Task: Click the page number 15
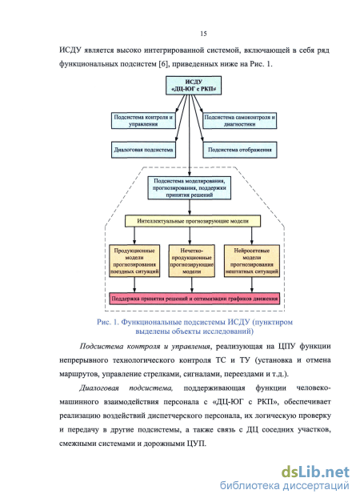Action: (x=203, y=34)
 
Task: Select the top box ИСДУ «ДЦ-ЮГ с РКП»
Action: (x=194, y=85)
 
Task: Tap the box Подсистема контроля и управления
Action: (x=143, y=121)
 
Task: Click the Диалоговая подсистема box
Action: (x=143, y=150)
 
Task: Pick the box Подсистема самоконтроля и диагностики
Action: (x=240, y=121)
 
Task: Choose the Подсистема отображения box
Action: (x=240, y=150)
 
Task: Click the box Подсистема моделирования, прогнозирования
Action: (x=190, y=188)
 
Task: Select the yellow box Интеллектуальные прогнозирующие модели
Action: (x=193, y=221)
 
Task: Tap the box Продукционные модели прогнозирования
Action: (x=134, y=261)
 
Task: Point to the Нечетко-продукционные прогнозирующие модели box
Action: (x=192, y=261)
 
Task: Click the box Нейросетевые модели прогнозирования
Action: (x=252, y=261)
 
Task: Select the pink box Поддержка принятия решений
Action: (x=194, y=299)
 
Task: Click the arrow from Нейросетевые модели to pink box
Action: (x=252, y=285)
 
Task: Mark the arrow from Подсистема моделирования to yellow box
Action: (x=190, y=207)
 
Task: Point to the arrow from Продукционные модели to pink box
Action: (x=134, y=285)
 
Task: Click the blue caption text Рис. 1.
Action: (x=108, y=322)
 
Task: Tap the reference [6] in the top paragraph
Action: (x=163, y=64)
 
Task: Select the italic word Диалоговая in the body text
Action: (x=99, y=388)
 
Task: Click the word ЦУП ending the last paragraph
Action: (x=198, y=444)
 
